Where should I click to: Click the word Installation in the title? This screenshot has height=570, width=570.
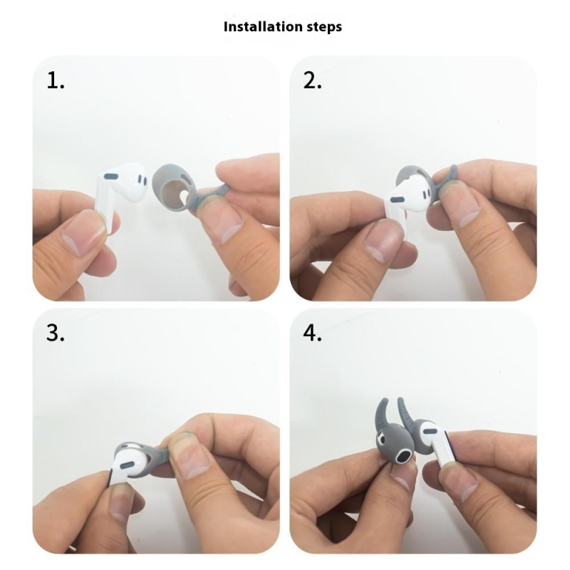click(263, 26)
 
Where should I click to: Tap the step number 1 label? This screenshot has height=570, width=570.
click(56, 81)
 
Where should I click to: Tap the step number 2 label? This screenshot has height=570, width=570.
click(312, 81)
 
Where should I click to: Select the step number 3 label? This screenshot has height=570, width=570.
click(56, 333)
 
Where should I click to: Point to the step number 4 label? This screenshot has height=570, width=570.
click(312, 333)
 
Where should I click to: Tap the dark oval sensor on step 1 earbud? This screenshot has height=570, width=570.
click(110, 177)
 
